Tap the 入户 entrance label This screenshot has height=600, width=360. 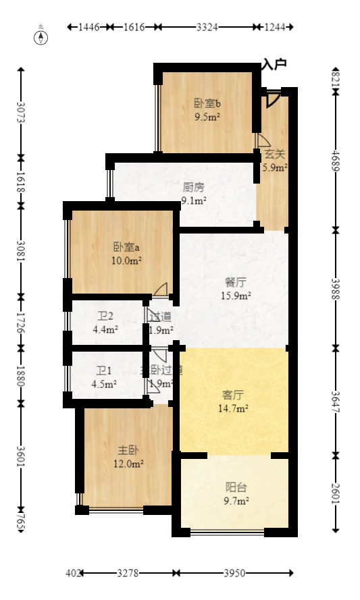[x=275, y=65]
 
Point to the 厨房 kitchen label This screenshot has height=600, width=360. [x=194, y=187]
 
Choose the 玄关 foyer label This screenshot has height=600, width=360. [x=275, y=154]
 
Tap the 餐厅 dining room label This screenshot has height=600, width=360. [x=237, y=282]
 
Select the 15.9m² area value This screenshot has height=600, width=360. [x=237, y=295]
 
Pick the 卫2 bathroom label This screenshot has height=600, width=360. [x=105, y=317]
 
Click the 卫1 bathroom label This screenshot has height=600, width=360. [x=103, y=371]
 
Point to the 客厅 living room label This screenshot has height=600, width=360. [x=233, y=395]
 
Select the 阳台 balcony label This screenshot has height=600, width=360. [x=236, y=487]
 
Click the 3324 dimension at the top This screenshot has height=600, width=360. [x=207, y=27]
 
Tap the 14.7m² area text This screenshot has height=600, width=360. [x=234, y=408]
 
